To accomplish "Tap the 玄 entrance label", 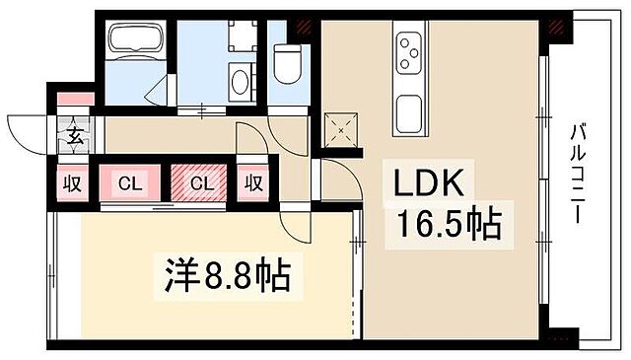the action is [x=75, y=135].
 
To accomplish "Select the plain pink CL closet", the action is [x=129, y=183].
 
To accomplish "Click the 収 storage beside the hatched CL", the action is [x=253, y=183].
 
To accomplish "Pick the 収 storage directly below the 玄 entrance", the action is [x=73, y=183].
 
